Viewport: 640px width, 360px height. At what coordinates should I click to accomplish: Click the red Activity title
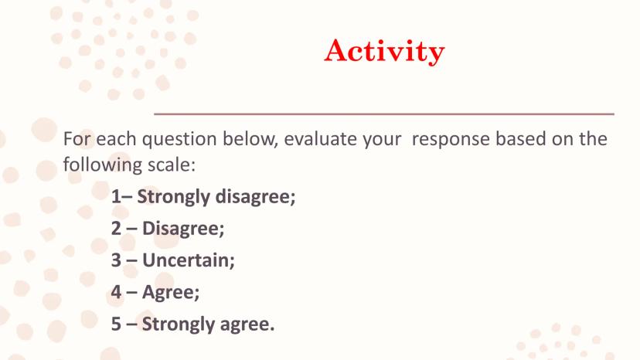click(x=384, y=51)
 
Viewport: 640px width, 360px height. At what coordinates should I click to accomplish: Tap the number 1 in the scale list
click(x=116, y=196)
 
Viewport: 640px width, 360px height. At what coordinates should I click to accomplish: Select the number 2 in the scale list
click(x=116, y=228)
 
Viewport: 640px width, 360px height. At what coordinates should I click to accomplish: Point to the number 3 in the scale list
click(x=116, y=260)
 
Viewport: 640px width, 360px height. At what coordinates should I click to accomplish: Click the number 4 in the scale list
click(x=116, y=292)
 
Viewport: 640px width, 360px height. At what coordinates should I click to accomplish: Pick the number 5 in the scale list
click(x=116, y=324)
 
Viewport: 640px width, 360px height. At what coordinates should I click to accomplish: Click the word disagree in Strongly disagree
click(x=255, y=197)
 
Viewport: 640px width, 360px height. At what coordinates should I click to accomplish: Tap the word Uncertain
click(x=189, y=260)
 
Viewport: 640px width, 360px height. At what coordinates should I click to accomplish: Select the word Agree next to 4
click(x=171, y=293)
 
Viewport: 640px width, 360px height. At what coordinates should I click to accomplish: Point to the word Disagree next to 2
click(x=183, y=229)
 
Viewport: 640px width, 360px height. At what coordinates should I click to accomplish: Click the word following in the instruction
click(x=103, y=165)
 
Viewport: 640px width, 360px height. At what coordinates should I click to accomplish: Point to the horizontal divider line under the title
click(x=384, y=114)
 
